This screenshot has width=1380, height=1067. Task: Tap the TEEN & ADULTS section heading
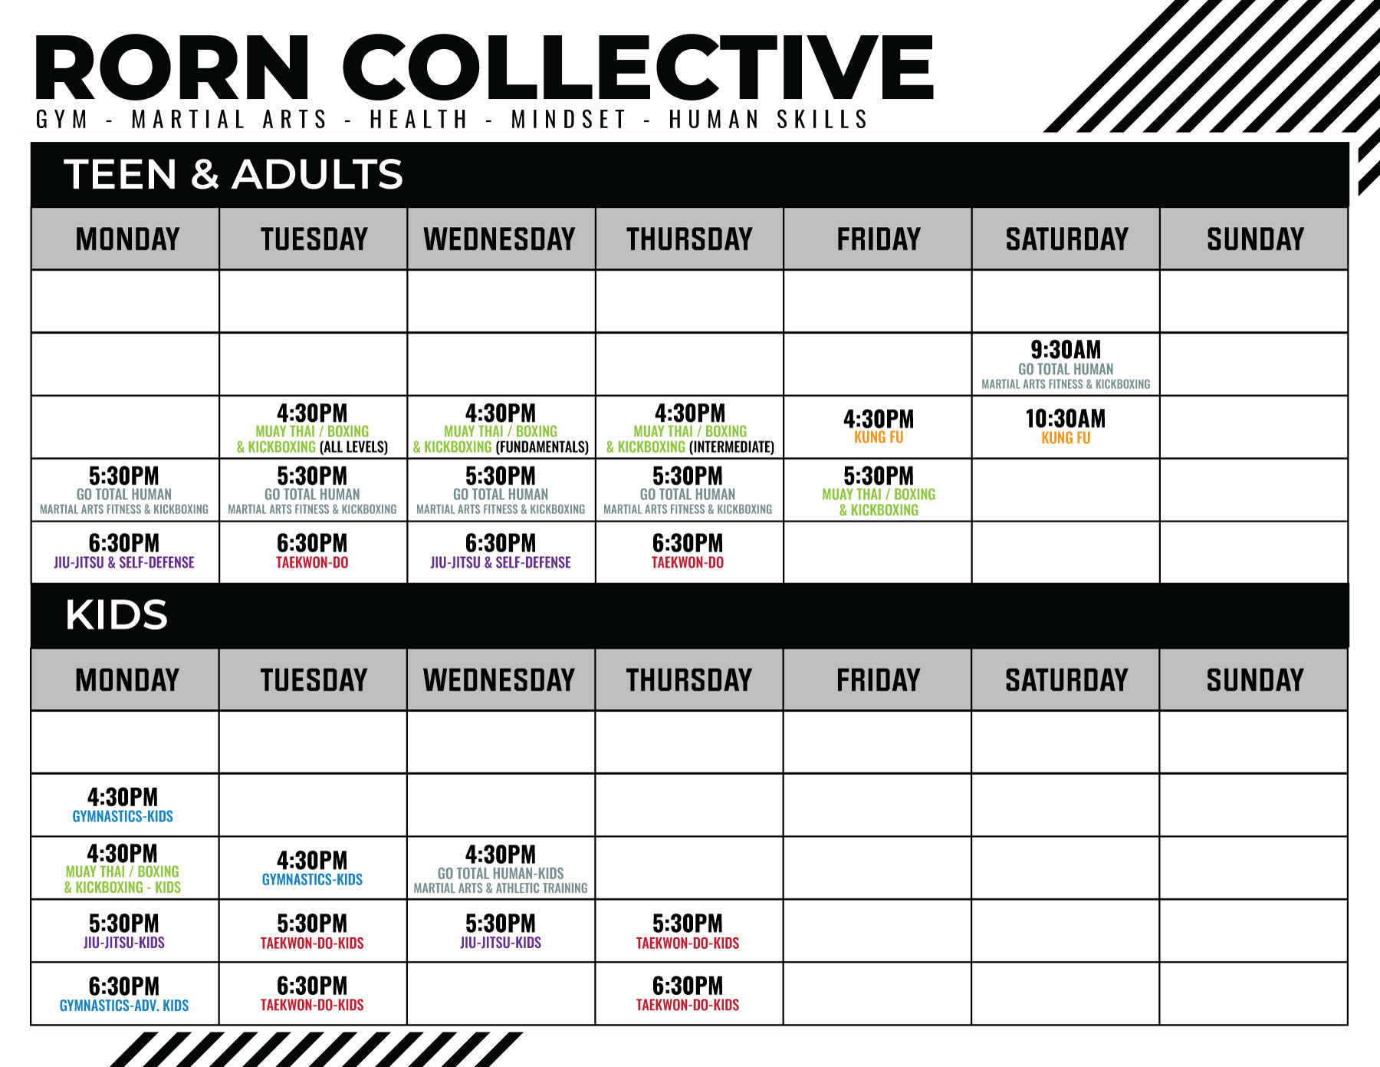click(x=233, y=174)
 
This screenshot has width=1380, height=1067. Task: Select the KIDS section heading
click(x=117, y=614)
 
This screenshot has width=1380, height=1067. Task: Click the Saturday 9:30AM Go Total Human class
click(x=1066, y=364)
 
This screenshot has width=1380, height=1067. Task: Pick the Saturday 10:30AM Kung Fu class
click(x=1066, y=426)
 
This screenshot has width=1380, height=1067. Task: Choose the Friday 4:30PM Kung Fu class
click(x=879, y=426)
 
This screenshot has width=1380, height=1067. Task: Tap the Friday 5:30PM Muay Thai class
click(x=879, y=491)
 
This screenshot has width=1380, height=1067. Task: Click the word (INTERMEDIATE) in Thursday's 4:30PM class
click(x=731, y=446)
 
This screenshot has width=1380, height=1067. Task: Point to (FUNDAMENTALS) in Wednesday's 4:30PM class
click(x=542, y=446)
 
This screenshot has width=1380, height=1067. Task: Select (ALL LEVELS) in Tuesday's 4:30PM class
click(x=353, y=446)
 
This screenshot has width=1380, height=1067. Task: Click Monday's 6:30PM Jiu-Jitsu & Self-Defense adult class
click(x=124, y=552)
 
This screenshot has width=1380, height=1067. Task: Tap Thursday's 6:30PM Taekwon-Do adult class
click(x=688, y=552)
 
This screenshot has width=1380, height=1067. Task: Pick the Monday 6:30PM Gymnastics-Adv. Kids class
click(x=124, y=994)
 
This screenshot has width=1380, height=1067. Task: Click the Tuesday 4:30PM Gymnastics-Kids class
click(x=312, y=868)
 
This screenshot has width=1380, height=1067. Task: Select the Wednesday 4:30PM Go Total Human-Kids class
click(x=501, y=869)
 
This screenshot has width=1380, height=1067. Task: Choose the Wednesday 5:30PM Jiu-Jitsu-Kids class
click(x=501, y=931)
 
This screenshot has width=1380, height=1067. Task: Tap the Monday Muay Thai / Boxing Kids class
click(x=123, y=868)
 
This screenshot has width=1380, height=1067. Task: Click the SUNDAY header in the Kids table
click(x=1255, y=680)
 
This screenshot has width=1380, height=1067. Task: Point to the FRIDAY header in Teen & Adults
click(x=879, y=239)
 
